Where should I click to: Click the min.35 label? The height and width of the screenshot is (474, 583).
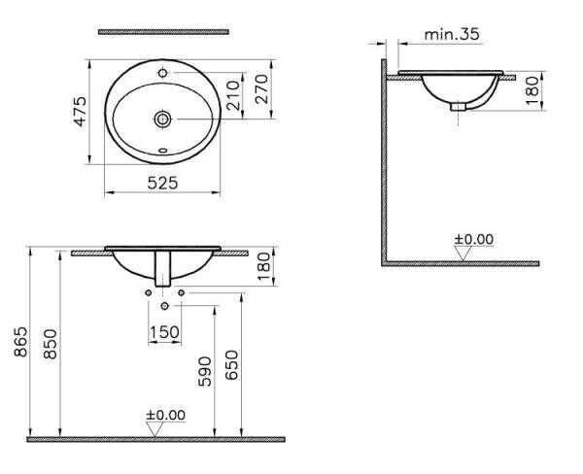[452, 34]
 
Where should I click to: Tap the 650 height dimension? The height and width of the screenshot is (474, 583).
[231, 364]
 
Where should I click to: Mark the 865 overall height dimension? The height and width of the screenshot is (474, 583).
[21, 342]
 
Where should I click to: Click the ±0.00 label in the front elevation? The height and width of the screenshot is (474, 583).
[165, 415]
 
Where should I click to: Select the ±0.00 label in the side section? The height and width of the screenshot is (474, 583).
[474, 239]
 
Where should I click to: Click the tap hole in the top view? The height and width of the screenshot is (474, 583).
[161, 74]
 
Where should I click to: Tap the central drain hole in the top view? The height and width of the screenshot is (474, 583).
[161, 118]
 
